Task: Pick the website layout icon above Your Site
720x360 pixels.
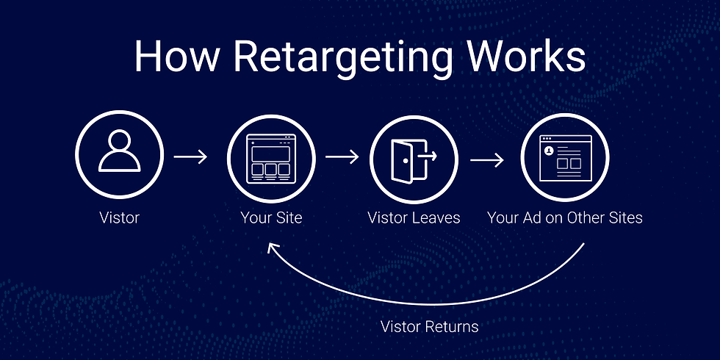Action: [x=271, y=158]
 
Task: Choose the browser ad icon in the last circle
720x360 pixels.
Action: [x=564, y=158]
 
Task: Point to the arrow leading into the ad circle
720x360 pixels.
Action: [x=486, y=159]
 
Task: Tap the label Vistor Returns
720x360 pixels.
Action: [x=430, y=326]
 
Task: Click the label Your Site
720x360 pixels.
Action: [x=270, y=217]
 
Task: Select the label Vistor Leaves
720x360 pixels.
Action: [x=414, y=217]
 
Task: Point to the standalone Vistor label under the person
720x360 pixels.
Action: [x=119, y=217]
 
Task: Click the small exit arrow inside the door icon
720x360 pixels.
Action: [x=428, y=155]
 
